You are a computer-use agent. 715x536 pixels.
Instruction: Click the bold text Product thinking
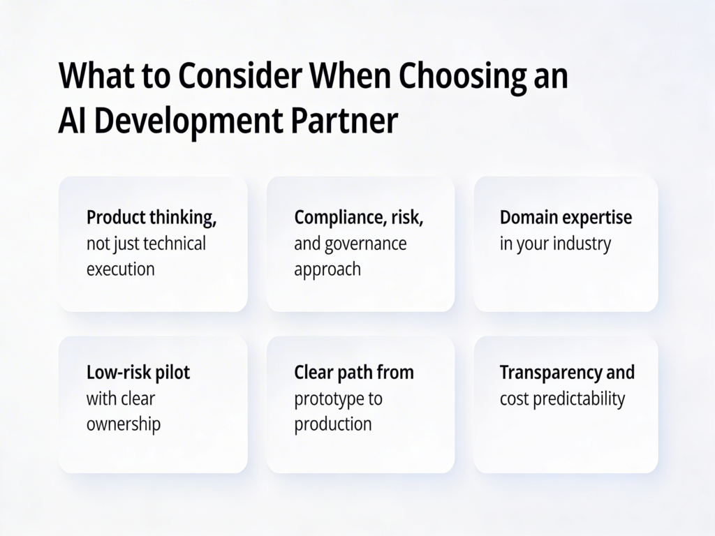pyautogui.click(x=152, y=217)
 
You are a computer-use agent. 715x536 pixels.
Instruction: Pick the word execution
pyautogui.click(x=120, y=269)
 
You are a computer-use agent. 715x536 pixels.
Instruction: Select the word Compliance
pyautogui.click(x=334, y=217)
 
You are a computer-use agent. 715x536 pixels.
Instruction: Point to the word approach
pyautogui.click(x=327, y=269)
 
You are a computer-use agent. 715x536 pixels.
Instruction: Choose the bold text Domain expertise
pyautogui.click(x=566, y=217)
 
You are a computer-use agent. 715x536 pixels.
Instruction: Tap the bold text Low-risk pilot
pyautogui.click(x=138, y=372)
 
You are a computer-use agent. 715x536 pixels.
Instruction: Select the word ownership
pyautogui.click(x=124, y=424)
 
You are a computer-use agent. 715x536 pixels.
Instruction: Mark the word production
pyautogui.click(x=332, y=424)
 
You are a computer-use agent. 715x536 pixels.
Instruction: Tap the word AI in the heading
pyautogui.click(x=73, y=121)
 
